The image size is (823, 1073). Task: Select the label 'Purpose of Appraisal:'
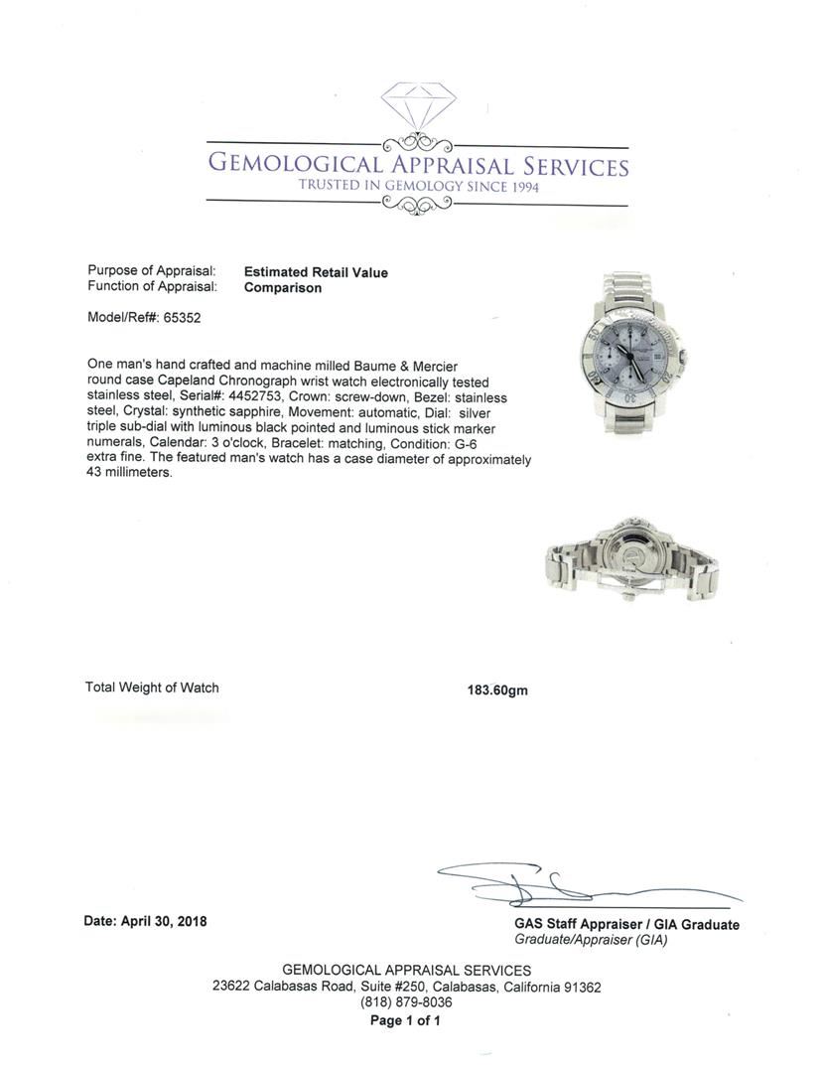pyautogui.click(x=151, y=271)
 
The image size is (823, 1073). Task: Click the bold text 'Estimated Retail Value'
pyautogui.click(x=316, y=272)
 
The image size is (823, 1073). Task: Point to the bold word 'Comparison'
pyautogui.click(x=283, y=288)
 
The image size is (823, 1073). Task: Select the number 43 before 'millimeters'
pyautogui.click(x=95, y=474)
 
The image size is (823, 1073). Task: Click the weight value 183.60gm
pyautogui.click(x=497, y=690)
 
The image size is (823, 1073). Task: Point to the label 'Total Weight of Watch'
pyautogui.click(x=152, y=688)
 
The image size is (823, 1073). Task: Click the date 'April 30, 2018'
pyautogui.click(x=164, y=921)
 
